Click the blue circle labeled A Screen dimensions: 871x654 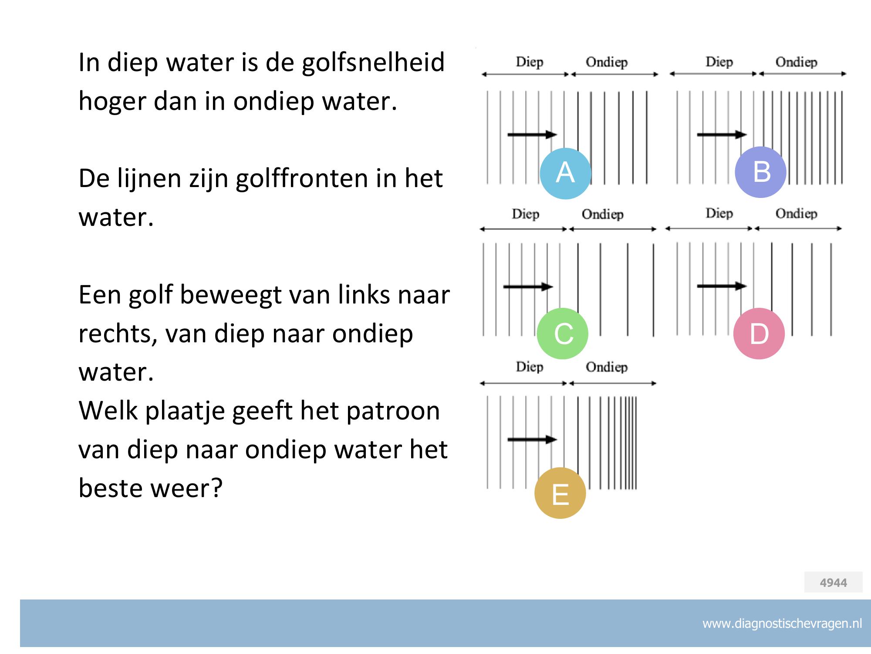(565, 173)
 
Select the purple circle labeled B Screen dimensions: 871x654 (760, 172)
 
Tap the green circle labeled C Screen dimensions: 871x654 (563, 334)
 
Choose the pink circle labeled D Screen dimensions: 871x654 (759, 334)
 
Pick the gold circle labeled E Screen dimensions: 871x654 (560, 493)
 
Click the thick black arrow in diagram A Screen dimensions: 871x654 (532, 134)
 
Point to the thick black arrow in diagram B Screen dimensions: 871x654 (722, 134)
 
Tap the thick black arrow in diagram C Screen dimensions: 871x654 (528, 286)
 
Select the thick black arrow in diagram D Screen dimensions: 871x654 (722, 286)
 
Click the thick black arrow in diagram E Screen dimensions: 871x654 (532, 439)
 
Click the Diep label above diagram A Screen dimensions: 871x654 (530, 62)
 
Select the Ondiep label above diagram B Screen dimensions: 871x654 (796, 62)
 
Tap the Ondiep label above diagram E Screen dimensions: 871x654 (607, 367)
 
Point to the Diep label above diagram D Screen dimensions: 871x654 (719, 213)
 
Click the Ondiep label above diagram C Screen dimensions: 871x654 (603, 214)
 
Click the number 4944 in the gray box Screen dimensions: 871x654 (834, 582)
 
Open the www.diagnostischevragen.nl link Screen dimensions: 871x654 (782, 623)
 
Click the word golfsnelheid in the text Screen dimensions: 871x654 (373, 62)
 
